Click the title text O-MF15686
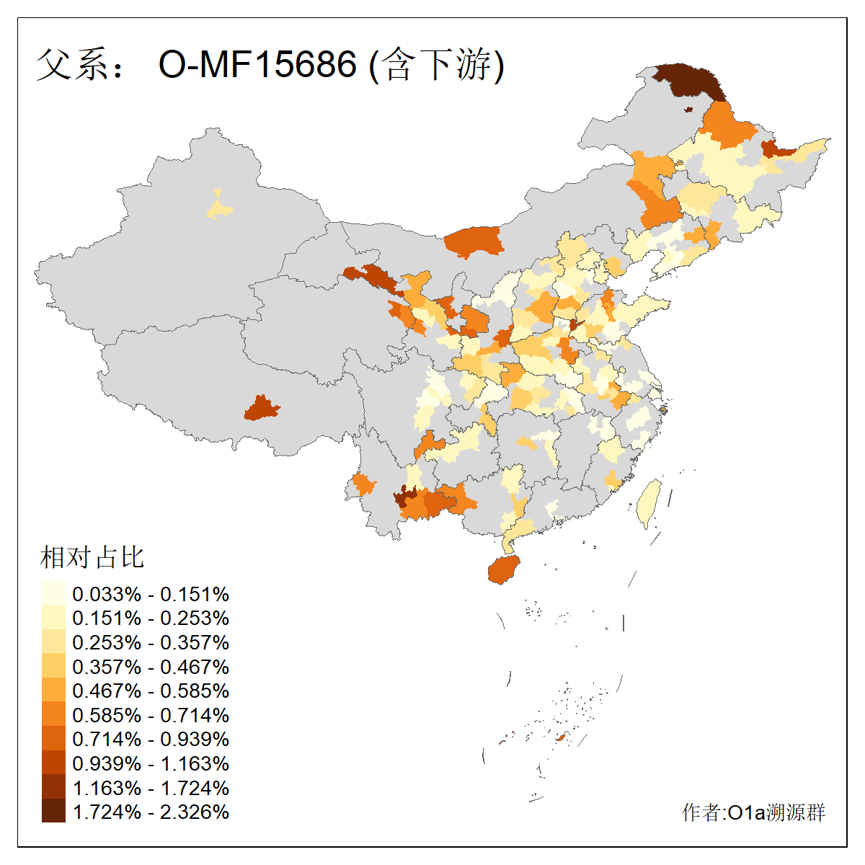pyautogui.click(x=257, y=65)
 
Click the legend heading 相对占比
pyautogui.click(x=92, y=557)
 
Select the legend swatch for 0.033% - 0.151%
pyautogui.click(x=53, y=593)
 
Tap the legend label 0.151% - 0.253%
pyautogui.click(x=151, y=618)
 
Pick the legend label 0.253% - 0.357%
pyautogui.click(x=151, y=642)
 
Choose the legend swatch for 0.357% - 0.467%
pyautogui.click(x=53, y=666)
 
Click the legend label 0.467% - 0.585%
pyautogui.click(x=151, y=691)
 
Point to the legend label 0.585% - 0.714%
pyautogui.click(x=151, y=715)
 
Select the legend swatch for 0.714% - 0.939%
pyautogui.click(x=53, y=739)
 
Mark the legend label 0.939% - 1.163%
pyautogui.click(x=151, y=763)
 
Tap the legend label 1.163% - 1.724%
pyautogui.click(x=151, y=788)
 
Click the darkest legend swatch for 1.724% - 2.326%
pyautogui.click(x=53, y=812)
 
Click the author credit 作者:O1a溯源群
pyautogui.click(x=753, y=812)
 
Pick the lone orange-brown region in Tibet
pyautogui.click(x=261, y=408)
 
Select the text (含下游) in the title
pyautogui.click(x=437, y=65)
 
